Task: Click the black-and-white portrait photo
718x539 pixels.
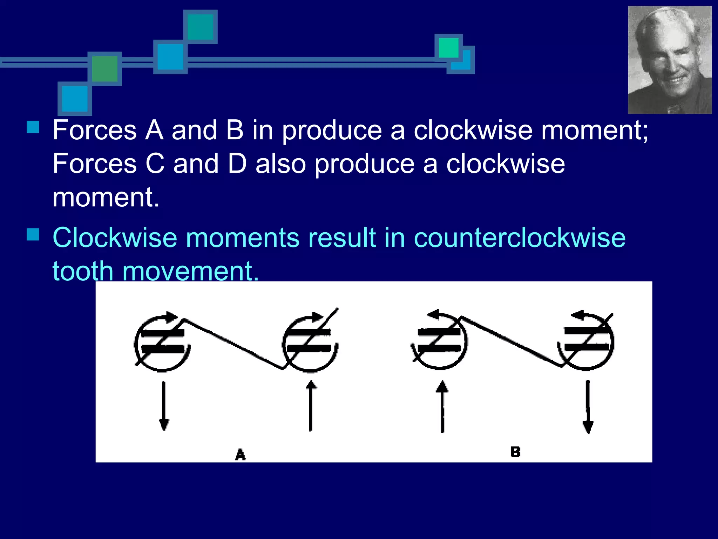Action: [670, 60]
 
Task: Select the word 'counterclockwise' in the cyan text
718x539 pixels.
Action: [520, 238]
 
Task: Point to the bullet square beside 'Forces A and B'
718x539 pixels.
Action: [33, 127]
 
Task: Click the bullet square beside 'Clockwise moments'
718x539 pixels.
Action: [33, 234]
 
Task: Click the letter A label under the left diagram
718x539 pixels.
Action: [240, 454]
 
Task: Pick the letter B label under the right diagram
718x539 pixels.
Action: [515, 452]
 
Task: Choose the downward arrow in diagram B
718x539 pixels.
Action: [588, 407]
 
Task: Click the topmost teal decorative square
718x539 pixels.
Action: [201, 27]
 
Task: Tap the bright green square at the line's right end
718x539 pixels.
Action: [448, 47]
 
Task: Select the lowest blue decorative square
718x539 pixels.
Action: [75, 99]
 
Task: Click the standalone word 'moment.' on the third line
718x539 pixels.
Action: [106, 197]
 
